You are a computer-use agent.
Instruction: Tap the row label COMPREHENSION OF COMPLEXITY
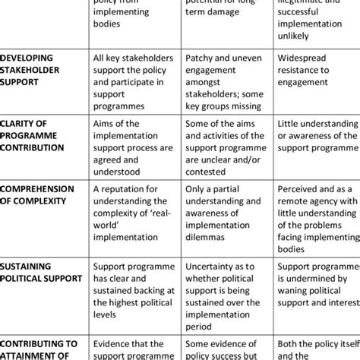point(37,194)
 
